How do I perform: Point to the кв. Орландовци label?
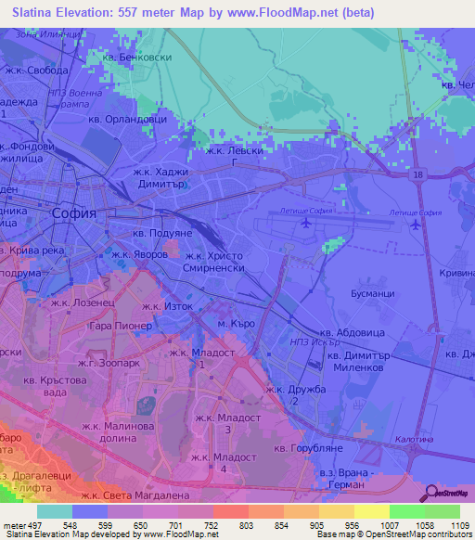tap(127, 119)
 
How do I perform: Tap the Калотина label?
tap(413, 441)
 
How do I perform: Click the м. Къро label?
tap(236, 323)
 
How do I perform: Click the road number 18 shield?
tap(419, 174)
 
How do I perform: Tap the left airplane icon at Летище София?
tap(305, 224)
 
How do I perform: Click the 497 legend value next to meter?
tap(33, 525)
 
